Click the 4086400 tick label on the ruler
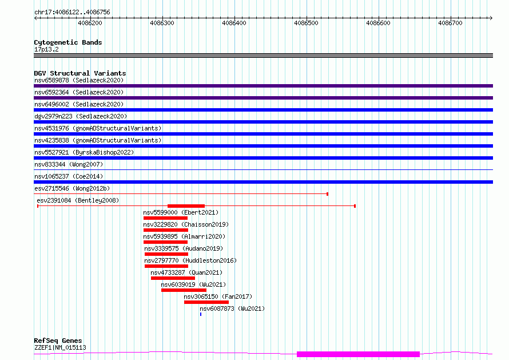pos(234,23)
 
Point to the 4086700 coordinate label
pos(450,23)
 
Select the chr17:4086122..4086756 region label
pos(73,13)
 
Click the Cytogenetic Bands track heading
pos(68,42)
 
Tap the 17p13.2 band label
pos(46,49)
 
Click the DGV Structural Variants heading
pos(80,73)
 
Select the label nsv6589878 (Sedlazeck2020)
pos(79,80)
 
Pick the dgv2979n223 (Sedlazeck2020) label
pos(81,116)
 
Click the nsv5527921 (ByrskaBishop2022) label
pos(84,152)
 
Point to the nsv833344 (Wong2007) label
pos(69,164)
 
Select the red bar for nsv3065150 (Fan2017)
pos(206,302)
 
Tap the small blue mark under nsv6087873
pos(201,314)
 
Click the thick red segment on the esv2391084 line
pos(186,206)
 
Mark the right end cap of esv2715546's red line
pos(328,194)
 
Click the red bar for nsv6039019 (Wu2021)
pos(184,290)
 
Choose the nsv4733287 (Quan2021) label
pos(186,272)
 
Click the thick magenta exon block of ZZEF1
pos(359,354)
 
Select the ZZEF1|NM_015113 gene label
pos(61,347)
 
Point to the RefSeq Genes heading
pos(58,341)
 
